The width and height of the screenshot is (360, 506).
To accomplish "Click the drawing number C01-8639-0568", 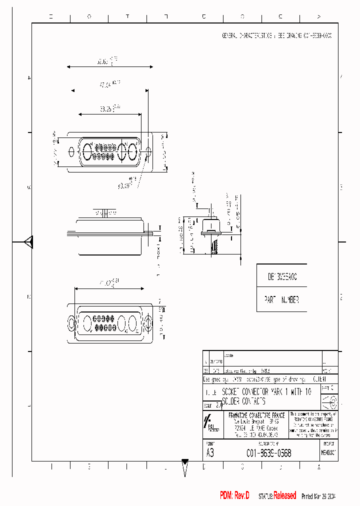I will pyautogui.click(x=268, y=453).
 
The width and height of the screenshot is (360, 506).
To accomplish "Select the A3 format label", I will pyautogui.click(x=210, y=453).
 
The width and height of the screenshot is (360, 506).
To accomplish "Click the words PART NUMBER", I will pyautogui.click(x=281, y=300).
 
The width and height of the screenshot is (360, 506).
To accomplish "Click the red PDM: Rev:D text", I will pyautogui.click(x=234, y=495).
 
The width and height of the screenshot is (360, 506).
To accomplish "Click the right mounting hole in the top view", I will pyautogui.click(x=148, y=150).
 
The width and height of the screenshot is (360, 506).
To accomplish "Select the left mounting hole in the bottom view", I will pyautogui.click(x=71, y=323).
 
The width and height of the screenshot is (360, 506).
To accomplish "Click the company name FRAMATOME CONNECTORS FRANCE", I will pyautogui.click(x=256, y=415).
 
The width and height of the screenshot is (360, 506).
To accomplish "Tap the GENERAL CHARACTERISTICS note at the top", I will pyautogui.click(x=276, y=36).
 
